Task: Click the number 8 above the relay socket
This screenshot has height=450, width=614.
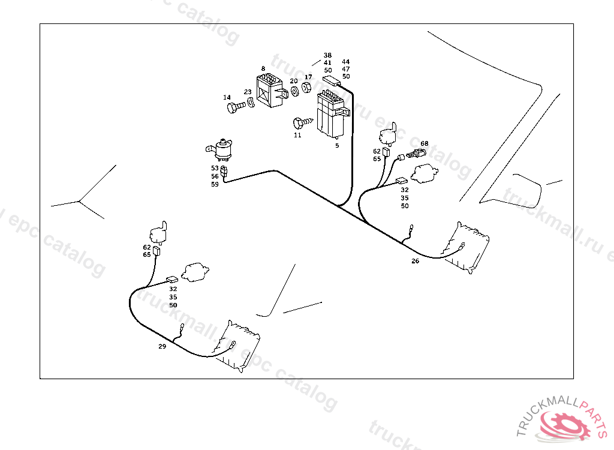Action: tap(263, 69)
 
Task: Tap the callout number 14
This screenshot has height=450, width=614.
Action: tap(227, 97)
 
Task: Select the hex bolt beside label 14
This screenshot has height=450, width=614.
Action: tap(236, 108)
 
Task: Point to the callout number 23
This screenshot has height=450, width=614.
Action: tap(248, 92)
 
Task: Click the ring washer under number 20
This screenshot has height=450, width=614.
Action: tap(294, 92)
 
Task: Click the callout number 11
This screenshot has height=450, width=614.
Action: tap(297, 136)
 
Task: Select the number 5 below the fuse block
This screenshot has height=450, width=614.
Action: tap(337, 145)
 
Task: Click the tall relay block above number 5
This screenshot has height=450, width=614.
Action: tap(331, 114)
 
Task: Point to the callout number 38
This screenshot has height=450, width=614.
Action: tap(327, 55)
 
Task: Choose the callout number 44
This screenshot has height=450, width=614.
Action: tap(346, 62)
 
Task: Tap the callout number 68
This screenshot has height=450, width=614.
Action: tap(425, 143)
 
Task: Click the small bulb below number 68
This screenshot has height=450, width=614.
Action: tap(413, 154)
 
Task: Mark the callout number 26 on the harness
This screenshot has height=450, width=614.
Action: tap(416, 261)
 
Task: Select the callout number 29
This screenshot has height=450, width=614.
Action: tap(162, 347)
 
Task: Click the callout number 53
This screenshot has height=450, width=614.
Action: tap(215, 169)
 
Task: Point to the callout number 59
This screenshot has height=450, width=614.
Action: tap(215, 184)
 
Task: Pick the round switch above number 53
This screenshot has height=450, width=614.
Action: tap(222, 148)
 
